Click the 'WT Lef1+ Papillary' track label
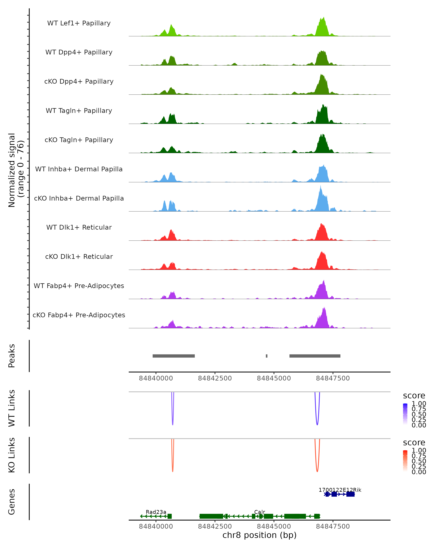point(79,23)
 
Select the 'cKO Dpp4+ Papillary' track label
point(79,81)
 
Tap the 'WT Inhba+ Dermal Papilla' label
point(79,169)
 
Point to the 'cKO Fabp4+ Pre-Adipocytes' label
point(79,315)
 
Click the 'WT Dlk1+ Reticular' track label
point(79,227)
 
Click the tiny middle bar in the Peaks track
point(267,356)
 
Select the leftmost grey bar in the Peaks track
point(174,356)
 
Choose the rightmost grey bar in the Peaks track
point(315,356)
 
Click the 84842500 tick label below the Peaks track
point(215,378)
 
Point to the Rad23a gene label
point(156,512)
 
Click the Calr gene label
point(260,512)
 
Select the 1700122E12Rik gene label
point(340,490)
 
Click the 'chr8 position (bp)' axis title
point(259,535)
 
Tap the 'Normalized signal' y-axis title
point(12,170)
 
